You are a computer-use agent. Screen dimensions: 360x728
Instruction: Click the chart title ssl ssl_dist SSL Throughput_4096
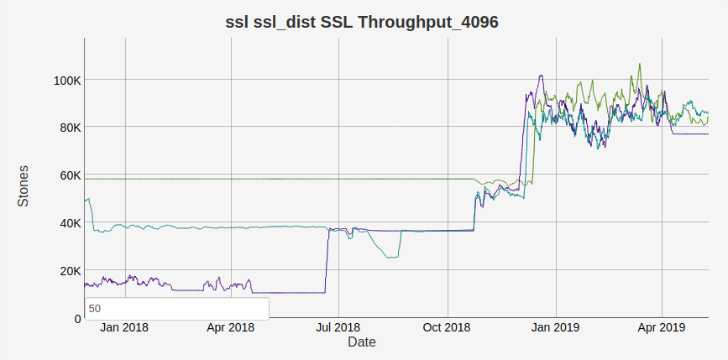pyautogui.click(x=363, y=23)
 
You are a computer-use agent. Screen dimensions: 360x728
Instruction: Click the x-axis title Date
pyautogui.click(x=362, y=342)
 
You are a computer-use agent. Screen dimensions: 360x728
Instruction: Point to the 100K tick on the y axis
pyautogui.click(x=66, y=81)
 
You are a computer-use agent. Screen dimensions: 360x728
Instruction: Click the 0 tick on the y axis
pyautogui.click(x=77, y=319)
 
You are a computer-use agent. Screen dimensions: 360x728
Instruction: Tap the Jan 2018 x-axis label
pyautogui.click(x=124, y=327)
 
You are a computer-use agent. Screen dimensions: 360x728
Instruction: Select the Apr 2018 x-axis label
pyautogui.click(x=230, y=327)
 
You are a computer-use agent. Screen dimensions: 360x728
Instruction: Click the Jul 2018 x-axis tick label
pyautogui.click(x=337, y=327)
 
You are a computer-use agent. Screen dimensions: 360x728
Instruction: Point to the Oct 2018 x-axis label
pyautogui.click(x=446, y=327)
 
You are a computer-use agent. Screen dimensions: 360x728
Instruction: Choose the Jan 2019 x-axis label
pyautogui.click(x=554, y=327)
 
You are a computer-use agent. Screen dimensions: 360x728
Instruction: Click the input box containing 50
pyautogui.click(x=176, y=308)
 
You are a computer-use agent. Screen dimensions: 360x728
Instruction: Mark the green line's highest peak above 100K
pyautogui.click(x=640, y=64)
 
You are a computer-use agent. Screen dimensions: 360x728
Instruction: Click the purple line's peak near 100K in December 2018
pyautogui.click(x=541, y=76)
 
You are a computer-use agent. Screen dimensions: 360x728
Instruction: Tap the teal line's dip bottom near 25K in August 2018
pyautogui.click(x=390, y=257)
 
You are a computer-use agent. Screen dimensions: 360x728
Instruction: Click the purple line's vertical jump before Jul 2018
pyautogui.click(x=326, y=260)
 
